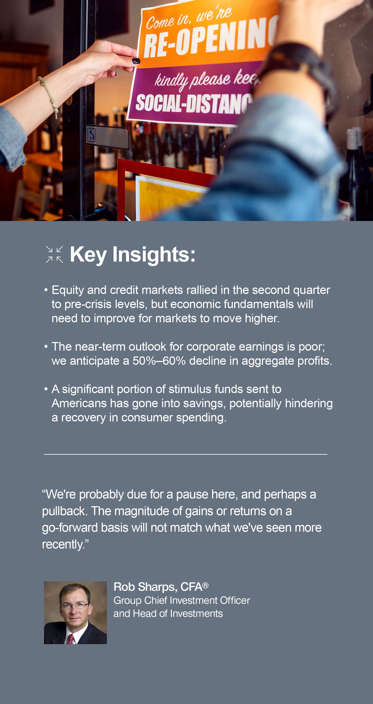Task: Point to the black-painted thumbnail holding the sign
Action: pyautogui.click(x=136, y=61)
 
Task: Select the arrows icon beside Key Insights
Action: pyautogui.click(x=55, y=254)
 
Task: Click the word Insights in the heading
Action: pyautogui.click(x=154, y=254)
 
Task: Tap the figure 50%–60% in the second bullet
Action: pyautogui.click(x=159, y=361)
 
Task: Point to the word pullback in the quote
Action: pyautogui.click(x=64, y=511)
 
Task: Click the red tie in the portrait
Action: pyautogui.click(x=71, y=639)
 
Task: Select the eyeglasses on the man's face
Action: pyautogui.click(x=75, y=606)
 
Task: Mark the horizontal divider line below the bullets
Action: pyautogui.click(x=186, y=454)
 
